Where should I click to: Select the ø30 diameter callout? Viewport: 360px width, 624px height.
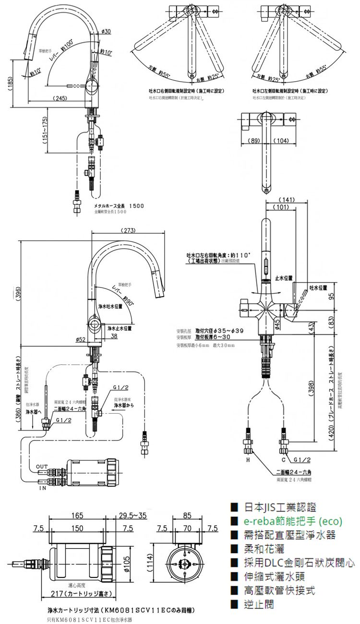click(106, 31)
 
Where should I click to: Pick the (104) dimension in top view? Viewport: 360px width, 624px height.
click(283, 141)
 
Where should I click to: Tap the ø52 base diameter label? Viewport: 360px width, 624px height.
click(81, 339)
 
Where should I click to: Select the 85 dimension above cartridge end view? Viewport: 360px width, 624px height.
click(187, 516)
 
